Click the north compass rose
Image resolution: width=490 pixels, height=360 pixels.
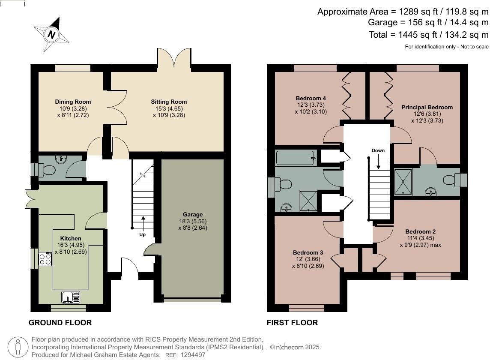pyautogui.click(x=51, y=35)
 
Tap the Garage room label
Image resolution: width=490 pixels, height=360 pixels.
pyautogui.click(x=192, y=215)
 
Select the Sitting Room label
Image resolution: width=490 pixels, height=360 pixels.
pyautogui.click(x=169, y=102)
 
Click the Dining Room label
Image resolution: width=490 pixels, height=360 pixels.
pyautogui.click(x=73, y=102)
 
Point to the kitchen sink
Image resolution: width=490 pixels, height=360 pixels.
pyautogui.click(x=71, y=297)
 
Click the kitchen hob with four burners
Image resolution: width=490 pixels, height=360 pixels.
pyautogui.click(x=45, y=259)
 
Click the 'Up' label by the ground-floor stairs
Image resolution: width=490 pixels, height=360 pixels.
pyautogui.click(x=142, y=234)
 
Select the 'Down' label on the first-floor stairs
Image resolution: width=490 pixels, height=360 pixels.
pyautogui.click(x=378, y=150)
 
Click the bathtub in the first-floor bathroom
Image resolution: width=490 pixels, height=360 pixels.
pyautogui.click(x=296, y=158)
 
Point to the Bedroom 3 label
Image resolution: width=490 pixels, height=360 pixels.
pyautogui.click(x=308, y=252)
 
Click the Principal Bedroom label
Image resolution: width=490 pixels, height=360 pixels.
pyautogui.click(x=427, y=108)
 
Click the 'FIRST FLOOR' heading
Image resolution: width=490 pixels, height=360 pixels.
pyautogui.click(x=292, y=323)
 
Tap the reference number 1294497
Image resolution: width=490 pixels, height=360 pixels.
pyautogui.click(x=193, y=355)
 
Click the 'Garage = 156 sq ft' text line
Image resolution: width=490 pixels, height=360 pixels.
pyautogui.click(x=428, y=23)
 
